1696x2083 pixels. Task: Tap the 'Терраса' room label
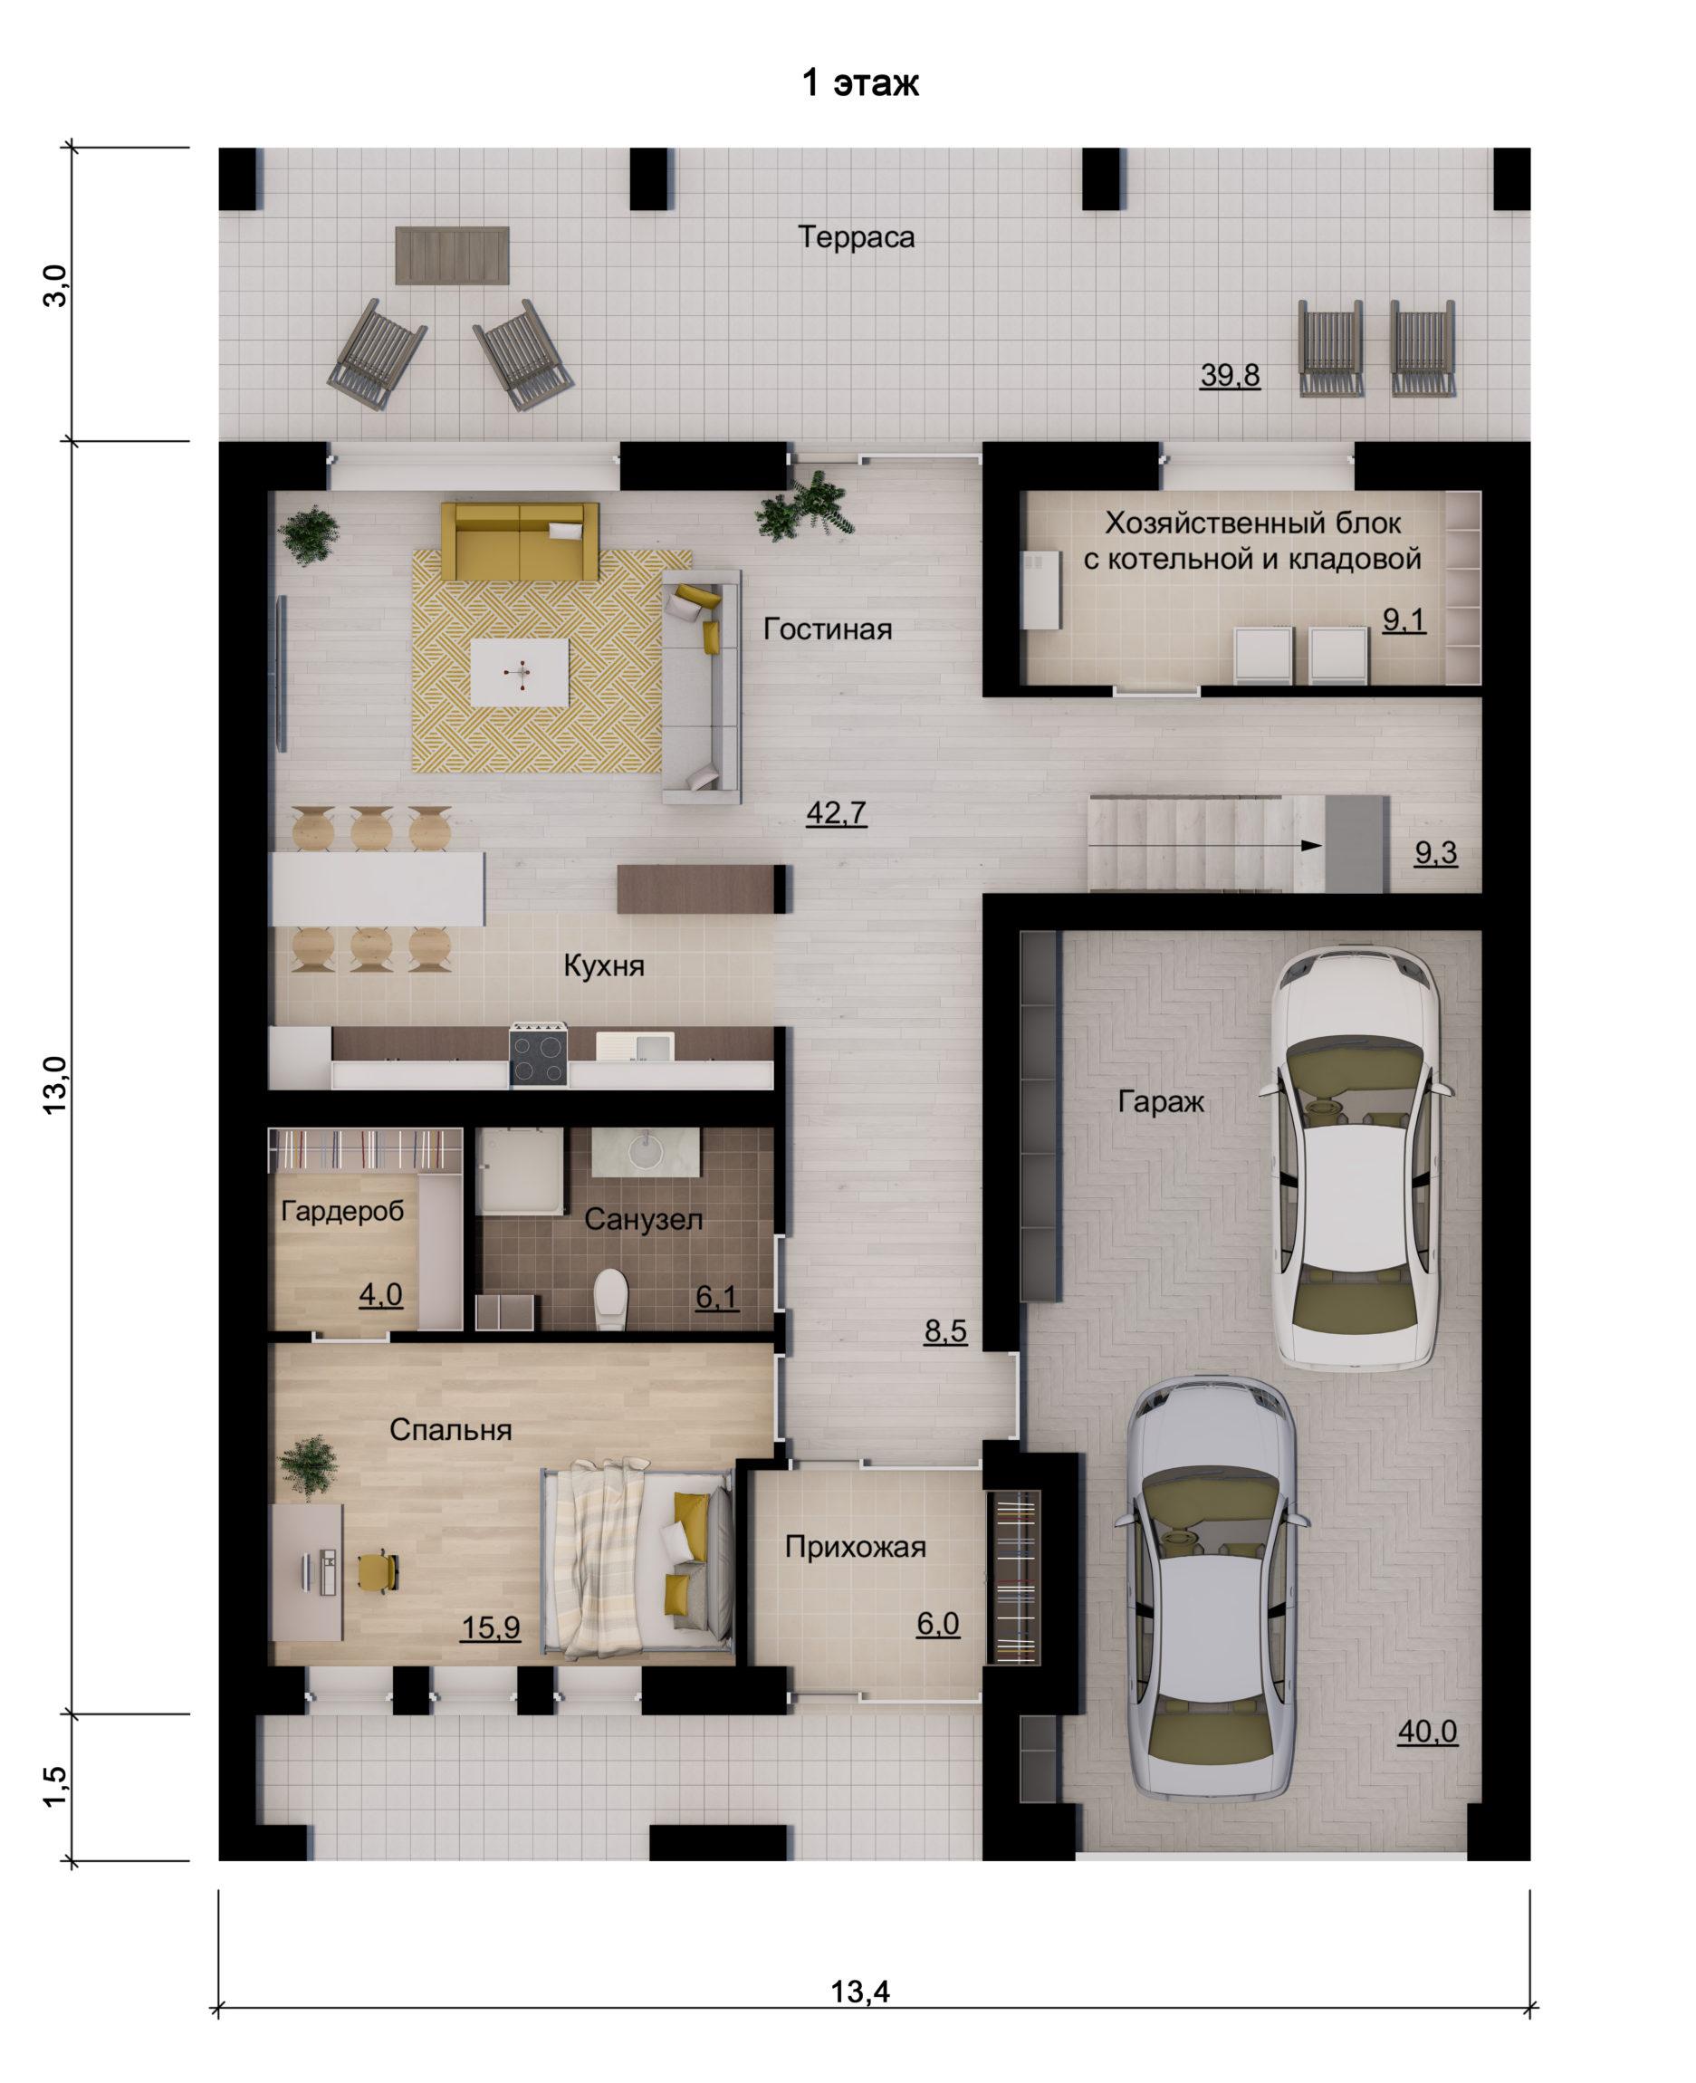pos(857,237)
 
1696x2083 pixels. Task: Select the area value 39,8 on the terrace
pos(1230,375)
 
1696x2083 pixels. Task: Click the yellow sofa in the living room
pos(520,541)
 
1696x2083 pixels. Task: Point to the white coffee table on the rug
pos(519,671)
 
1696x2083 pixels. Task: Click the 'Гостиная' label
pos(828,629)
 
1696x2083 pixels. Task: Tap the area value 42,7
pos(837,813)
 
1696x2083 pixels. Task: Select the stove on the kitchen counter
pos(538,1054)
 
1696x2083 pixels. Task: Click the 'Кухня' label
pos(604,966)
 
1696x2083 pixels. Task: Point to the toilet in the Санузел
pos(610,1299)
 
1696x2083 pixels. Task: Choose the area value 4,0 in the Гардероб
pos(380,1294)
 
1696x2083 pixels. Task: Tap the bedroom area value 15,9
pos(491,1627)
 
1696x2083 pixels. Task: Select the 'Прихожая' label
pos(856,1547)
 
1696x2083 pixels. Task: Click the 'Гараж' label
pos(1161,1102)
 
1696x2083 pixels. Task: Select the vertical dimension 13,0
pos(55,1083)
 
